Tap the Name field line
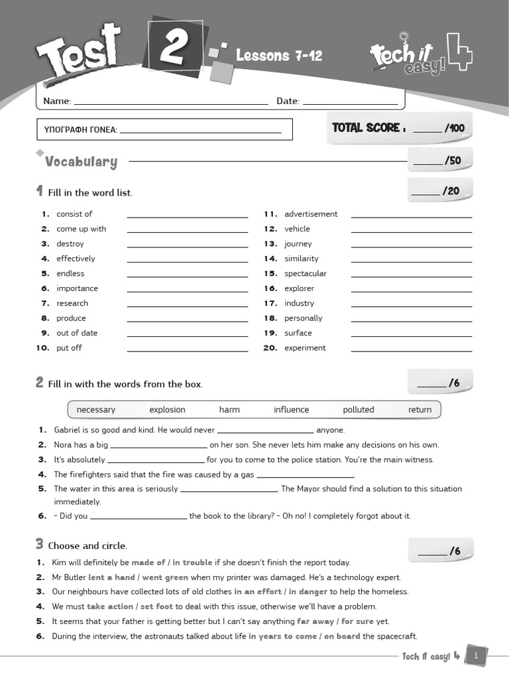(170, 103)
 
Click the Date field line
(350, 103)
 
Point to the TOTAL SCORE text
(366, 128)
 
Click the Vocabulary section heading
(81, 162)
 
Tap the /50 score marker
(453, 160)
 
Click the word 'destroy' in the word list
(70, 244)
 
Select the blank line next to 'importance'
(188, 290)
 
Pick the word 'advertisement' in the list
(311, 214)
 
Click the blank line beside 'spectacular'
(412, 275)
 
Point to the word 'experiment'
(305, 348)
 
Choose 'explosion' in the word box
(167, 410)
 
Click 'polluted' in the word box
(359, 410)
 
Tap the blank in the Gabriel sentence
(265, 431)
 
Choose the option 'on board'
(342, 637)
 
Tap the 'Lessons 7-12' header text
(279, 56)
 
